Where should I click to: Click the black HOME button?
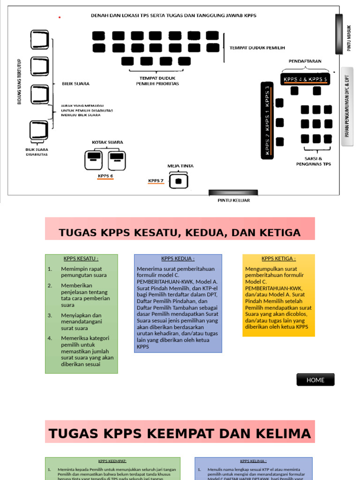pyautogui.click(x=315, y=380)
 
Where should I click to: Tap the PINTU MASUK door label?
pyautogui.click(x=349, y=38)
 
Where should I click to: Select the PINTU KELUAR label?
pyautogui.click(x=233, y=200)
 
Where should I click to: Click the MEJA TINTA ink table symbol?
pyautogui.click(x=178, y=180)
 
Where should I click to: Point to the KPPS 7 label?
pyautogui.click(x=156, y=180)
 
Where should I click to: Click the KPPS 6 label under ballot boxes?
pyautogui.click(x=105, y=176)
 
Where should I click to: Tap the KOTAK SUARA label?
pyautogui.click(x=108, y=142)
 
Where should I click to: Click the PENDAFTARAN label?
pyautogui.click(x=304, y=61)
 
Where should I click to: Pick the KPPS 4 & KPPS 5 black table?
pyautogui.click(x=305, y=79)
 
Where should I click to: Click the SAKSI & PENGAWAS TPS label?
pyautogui.click(x=313, y=161)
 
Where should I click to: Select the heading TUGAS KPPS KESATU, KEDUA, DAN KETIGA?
pyautogui.click(x=180, y=232)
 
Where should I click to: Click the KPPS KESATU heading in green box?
pyautogui.click(x=81, y=258)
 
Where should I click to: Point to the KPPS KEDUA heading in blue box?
pyautogui.click(x=178, y=258)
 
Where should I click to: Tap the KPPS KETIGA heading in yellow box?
pyautogui.click(x=278, y=258)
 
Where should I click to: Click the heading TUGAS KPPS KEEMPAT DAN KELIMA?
pyautogui.click(x=180, y=434)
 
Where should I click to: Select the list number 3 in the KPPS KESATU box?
pyautogui.click(x=50, y=315)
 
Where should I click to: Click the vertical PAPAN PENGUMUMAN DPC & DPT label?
pyautogui.click(x=347, y=106)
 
